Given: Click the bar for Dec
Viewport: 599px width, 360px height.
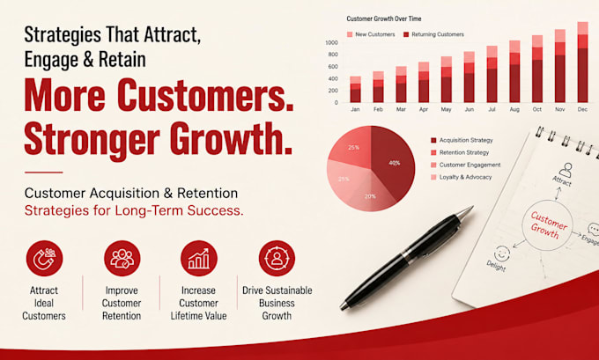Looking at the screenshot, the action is [582, 62].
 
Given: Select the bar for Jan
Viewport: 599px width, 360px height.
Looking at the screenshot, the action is [355, 89].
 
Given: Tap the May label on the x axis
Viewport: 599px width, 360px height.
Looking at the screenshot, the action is [447, 109].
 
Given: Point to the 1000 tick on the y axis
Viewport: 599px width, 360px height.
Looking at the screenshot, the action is [331, 43].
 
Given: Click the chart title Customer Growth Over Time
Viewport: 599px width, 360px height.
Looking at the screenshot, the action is [384, 18].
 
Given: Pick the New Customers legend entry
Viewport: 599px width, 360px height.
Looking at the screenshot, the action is [371, 34].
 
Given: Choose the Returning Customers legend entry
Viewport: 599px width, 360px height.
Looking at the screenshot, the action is [433, 34].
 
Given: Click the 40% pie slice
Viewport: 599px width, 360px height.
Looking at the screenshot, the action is [393, 164].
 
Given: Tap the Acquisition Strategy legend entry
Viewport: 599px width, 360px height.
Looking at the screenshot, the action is [462, 141].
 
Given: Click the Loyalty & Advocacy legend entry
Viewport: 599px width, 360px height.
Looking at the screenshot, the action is [461, 177].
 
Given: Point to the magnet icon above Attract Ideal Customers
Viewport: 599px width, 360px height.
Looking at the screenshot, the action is [44, 258].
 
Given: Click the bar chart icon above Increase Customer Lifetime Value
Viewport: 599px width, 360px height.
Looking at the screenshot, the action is [199, 258].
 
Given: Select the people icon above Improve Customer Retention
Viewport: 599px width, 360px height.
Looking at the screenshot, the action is [122, 258].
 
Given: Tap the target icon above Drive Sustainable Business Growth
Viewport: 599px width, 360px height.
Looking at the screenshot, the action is [277, 258].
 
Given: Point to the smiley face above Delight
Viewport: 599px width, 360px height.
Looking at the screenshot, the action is [501, 253].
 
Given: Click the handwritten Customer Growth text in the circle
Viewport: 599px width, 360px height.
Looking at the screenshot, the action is [548, 225].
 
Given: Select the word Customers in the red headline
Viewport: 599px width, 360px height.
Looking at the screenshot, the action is [204, 95].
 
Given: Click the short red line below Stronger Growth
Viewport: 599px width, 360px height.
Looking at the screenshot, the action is [43, 173].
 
